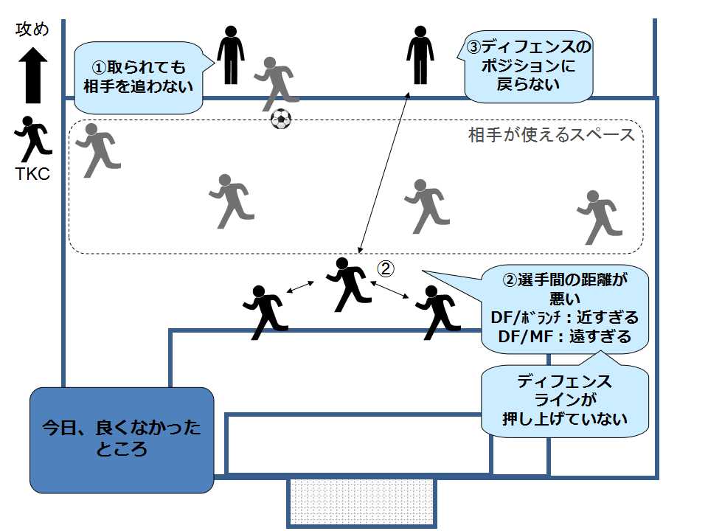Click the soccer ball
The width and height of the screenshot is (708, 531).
tap(281, 119)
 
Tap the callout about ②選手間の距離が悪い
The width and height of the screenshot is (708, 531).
tap(565, 308)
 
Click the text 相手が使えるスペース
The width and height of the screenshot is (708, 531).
tap(551, 136)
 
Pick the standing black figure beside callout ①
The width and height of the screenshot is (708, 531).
tap(230, 55)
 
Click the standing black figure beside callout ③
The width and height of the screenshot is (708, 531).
tap(420, 55)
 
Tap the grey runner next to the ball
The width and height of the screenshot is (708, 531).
tap(275, 81)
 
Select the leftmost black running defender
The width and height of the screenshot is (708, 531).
tap(263, 310)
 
